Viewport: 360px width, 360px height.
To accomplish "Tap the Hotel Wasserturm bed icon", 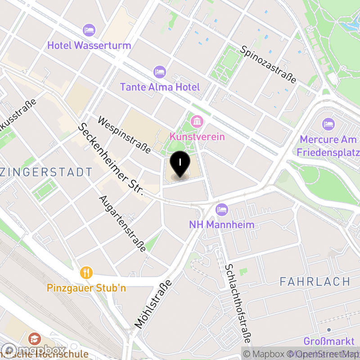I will (89, 31).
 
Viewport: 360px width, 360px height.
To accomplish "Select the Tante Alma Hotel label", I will (160, 87).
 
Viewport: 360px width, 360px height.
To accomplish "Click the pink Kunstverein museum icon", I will (197, 121).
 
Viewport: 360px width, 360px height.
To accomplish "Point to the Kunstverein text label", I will (197, 136).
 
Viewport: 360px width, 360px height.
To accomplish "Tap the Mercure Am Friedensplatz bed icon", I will (328, 123).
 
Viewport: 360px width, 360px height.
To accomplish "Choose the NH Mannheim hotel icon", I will (221, 209).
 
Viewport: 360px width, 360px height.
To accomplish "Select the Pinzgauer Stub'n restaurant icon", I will (86, 272).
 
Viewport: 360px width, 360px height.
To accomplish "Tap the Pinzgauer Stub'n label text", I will (86, 288).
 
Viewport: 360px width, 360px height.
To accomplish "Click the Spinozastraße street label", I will (268, 64).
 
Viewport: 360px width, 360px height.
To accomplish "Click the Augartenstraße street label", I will (122, 223).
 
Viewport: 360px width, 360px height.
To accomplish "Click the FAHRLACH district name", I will (315, 282).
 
